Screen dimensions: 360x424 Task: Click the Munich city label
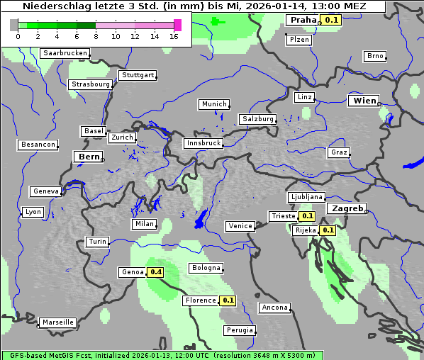click(x=214, y=104)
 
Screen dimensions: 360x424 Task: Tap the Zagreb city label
click(x=346, y=209)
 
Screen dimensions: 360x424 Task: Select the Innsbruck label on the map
click(x=203, y=143)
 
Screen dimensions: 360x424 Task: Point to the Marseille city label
click(x=57, y=322)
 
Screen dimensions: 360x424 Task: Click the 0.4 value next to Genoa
click(x=155, y=272)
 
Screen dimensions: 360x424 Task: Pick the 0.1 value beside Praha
click(x=331, y=20)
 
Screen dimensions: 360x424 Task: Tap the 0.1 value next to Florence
click(x=228, y=300)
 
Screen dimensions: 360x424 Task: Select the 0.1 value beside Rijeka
click(x=327, y=230)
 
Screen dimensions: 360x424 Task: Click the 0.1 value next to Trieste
click(x=306, y=216)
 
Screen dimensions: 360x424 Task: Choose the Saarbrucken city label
click(x=65, y=53)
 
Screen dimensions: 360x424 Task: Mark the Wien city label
click(x=364, y=101)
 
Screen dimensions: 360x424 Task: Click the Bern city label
click(x=89, y=157)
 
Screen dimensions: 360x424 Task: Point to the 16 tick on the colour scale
click(x=174, y=36)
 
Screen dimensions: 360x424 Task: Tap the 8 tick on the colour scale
click(x=96, y=36)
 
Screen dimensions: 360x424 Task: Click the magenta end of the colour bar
click(x=177, y=25)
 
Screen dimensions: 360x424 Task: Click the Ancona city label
click(x=274, y=308)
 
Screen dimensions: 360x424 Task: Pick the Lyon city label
click(x=33, y=212)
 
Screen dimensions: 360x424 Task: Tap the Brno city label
click(x=375, y=56)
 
